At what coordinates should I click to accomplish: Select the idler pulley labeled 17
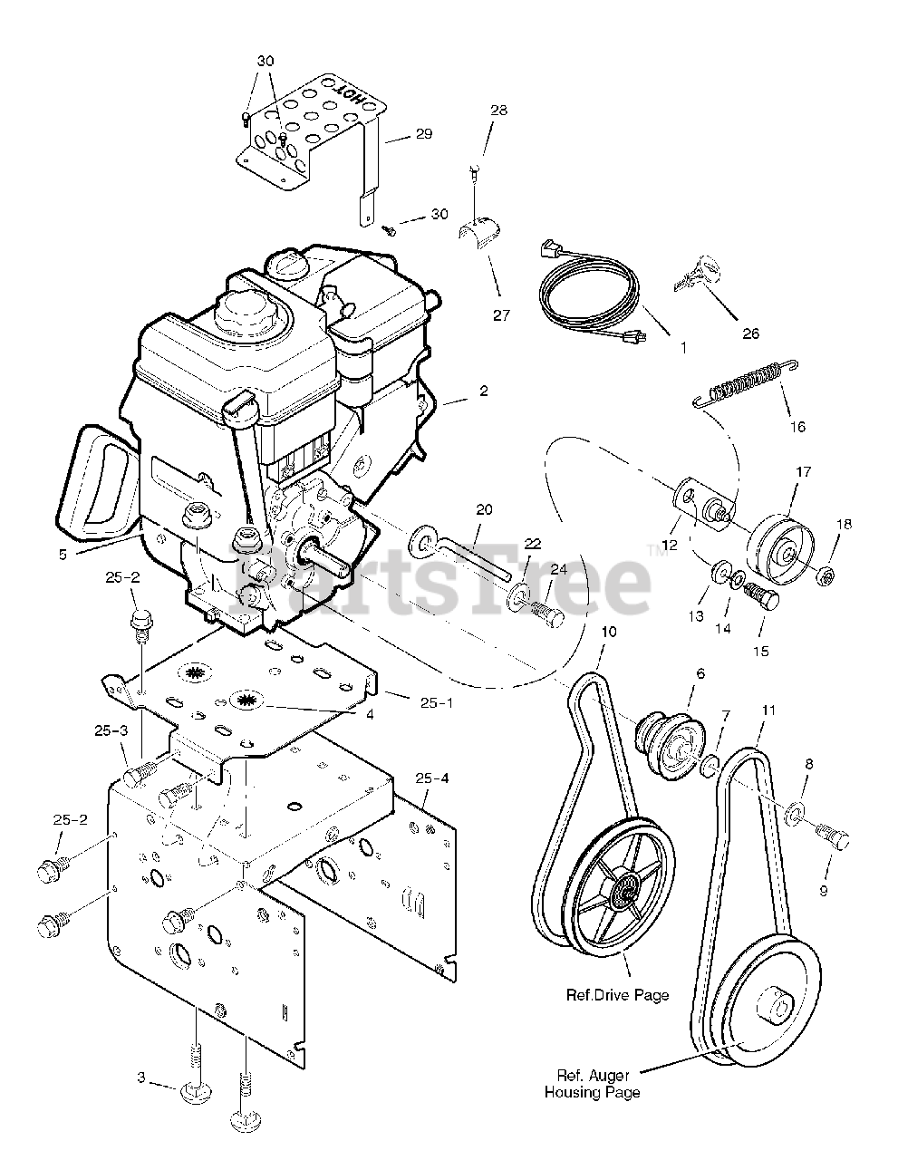pos(782,548)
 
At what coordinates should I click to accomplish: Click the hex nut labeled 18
pos(826,574)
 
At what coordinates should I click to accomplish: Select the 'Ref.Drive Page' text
pos(617,995)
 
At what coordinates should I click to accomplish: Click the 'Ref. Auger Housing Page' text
pos(592,1084)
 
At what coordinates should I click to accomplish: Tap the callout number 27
pos(501,315)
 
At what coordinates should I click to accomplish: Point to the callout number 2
pos(484,391)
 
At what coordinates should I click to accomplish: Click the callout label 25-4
pos(432,778)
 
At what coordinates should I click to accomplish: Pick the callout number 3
pos(140,1078)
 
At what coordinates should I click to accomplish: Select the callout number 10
pos(607,631)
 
